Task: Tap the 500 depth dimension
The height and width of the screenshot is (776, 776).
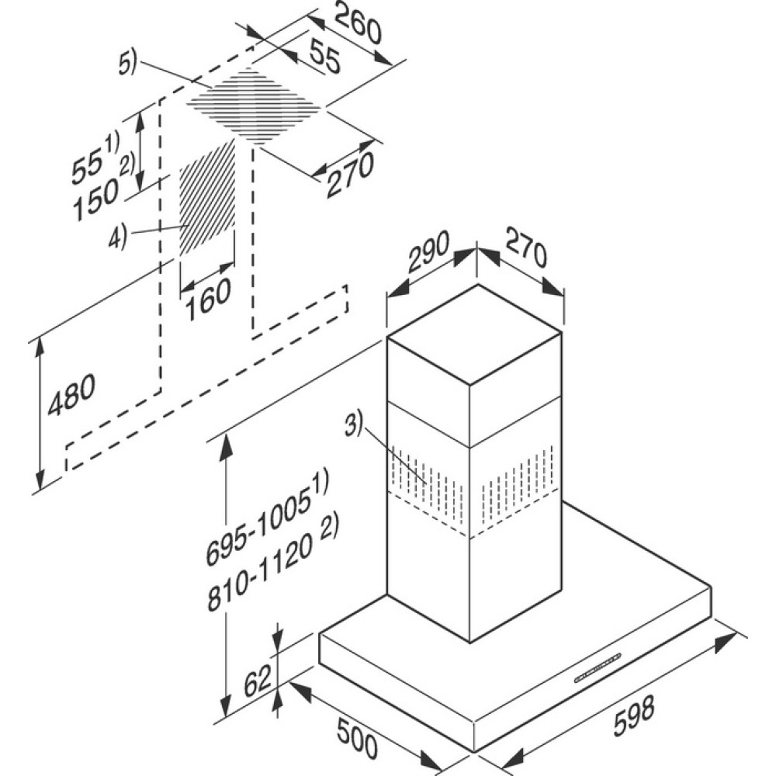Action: (x=357, y=739)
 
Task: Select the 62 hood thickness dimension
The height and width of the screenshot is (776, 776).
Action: (x=258, y=681)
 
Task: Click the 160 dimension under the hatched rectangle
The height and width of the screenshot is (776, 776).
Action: (x=208, y=299)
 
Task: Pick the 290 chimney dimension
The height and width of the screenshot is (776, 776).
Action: (x=428, y=251)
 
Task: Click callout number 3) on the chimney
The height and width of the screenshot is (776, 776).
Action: (x=353, y=425)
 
